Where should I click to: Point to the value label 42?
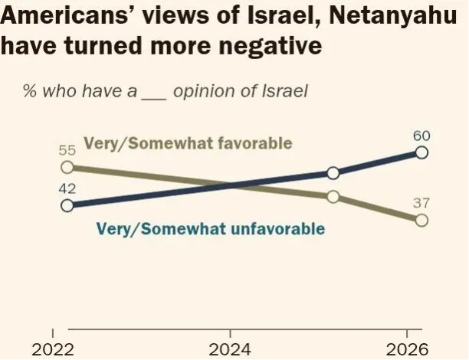(67, 188)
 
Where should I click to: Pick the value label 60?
(421, 136)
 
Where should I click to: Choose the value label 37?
(421, 203)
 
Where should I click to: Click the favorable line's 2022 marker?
(67, 167)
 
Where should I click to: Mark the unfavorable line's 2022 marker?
(67, 205)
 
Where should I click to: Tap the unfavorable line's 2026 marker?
(421, 152)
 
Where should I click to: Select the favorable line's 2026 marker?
(421, 221)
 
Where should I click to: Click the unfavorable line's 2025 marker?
(333, 173)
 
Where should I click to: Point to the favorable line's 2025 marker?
(333, 197)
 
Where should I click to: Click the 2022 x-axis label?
(52, 350)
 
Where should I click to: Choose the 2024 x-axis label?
(230, 350)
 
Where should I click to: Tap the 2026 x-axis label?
(406, 350)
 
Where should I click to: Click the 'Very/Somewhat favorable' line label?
(188, 143)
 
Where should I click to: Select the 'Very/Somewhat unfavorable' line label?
(210, 228)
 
